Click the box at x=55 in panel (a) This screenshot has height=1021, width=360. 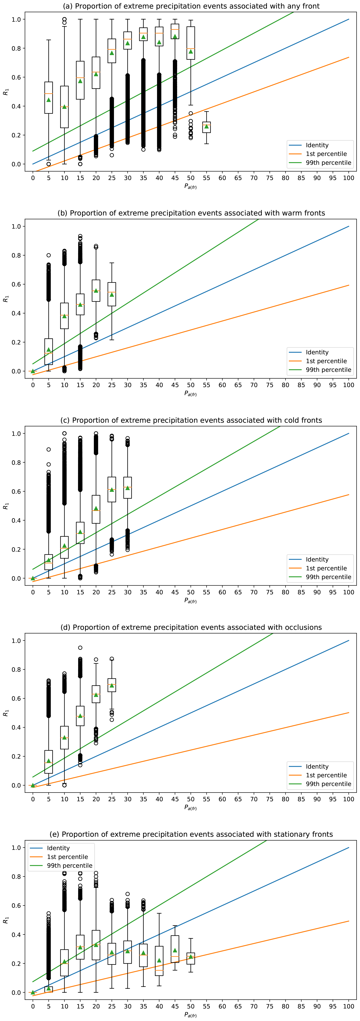coord(207,127)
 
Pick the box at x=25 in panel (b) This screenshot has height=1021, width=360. coord(112,294)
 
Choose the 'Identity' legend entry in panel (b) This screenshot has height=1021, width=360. coord(317,352)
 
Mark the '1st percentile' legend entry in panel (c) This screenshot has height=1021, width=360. coord(326,568)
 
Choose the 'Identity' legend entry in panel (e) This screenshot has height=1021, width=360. coord(58,848)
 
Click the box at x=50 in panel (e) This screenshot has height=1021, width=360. coord(191,958)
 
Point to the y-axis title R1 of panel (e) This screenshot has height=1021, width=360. coord(6,920)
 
